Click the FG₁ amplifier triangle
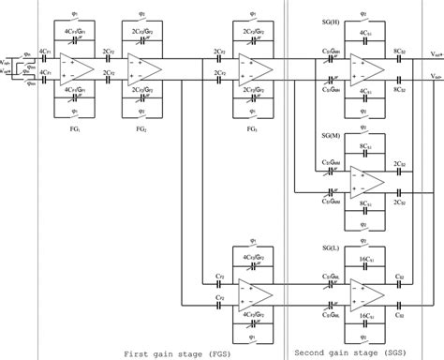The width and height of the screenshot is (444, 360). (76, 68)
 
